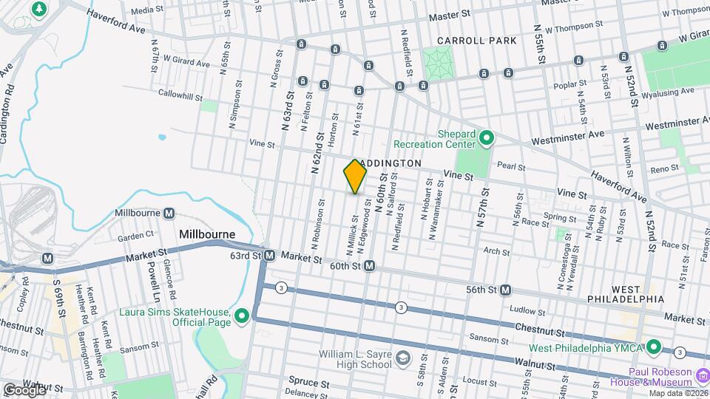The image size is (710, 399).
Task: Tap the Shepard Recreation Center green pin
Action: tap(486, 137)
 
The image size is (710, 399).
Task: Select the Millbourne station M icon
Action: tap(169, 214)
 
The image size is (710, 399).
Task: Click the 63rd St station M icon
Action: tap(270, 256)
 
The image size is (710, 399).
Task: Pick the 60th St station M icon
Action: tap(369, 266)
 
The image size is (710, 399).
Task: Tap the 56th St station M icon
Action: tap(506, 290)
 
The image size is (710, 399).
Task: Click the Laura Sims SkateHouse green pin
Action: tap(242, 317)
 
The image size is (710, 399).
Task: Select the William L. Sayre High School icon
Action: tap(402, 359)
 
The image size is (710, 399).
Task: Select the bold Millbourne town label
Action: tap(207, 234)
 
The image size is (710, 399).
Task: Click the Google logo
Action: tap(24, 389)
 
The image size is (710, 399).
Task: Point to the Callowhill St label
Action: tap(180, 95)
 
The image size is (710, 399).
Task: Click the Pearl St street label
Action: tap(510, 168)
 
